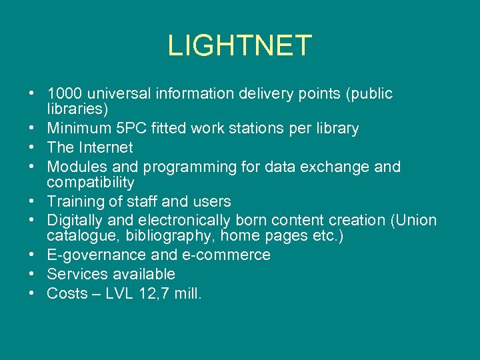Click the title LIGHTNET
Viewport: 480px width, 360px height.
(x=239, y=46)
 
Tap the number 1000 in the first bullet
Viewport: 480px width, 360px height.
(x=65, y=94)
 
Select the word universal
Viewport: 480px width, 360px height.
(x=119, y=94)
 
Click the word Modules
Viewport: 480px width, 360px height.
(x=74, y=167)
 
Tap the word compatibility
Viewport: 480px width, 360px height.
(x=91, y=182)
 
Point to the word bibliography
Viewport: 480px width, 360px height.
(x=161, y=236)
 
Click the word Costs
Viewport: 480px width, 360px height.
(x=63, y=293)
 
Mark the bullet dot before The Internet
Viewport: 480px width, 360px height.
(x=31, y=148)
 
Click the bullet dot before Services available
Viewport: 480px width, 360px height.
(x=31, y=274)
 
